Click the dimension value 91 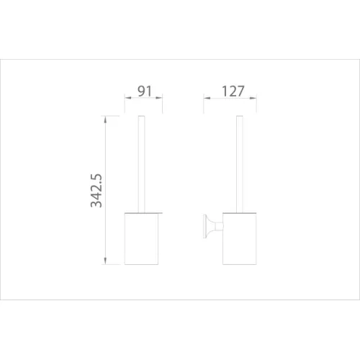pos(145,91)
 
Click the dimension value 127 pos(233,91)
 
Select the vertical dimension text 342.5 pos(96,191)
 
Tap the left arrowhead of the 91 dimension pos(128,98)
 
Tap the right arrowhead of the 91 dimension pos(159,98)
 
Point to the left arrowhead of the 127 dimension pos(207,98)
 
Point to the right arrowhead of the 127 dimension pos(253,98)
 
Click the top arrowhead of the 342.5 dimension pos(105,120)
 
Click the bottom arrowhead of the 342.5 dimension pos(105,261)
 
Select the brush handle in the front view pos(141,164)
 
